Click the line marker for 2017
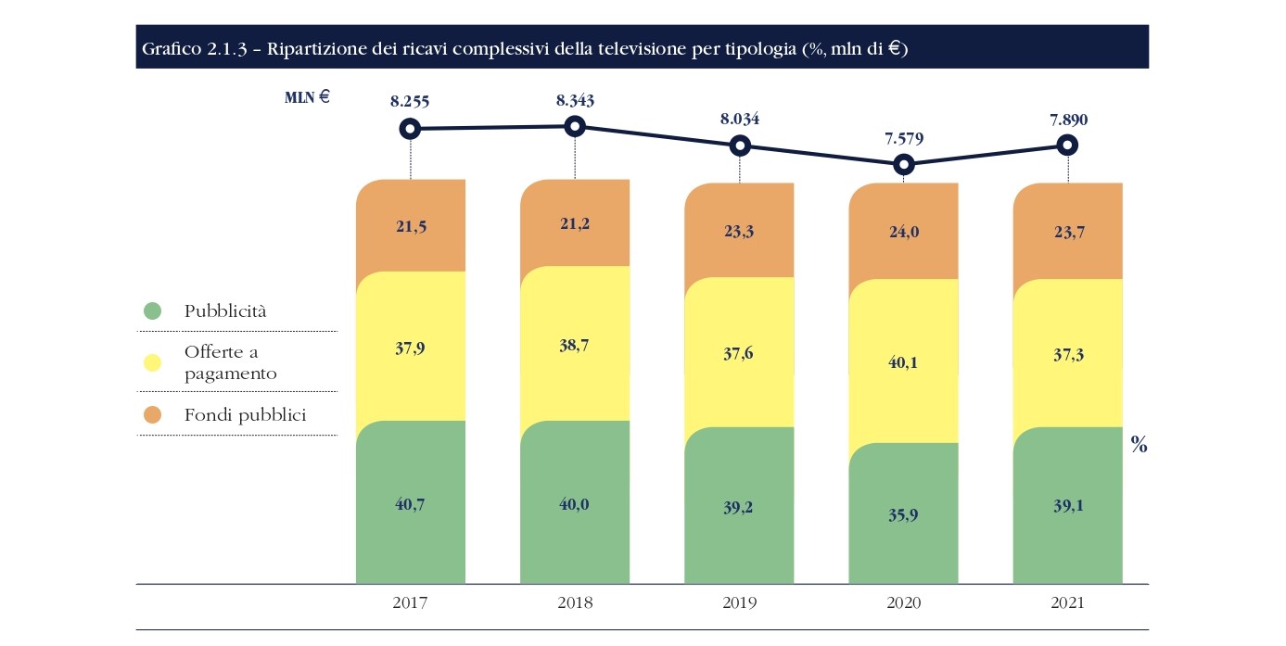coord(410,129)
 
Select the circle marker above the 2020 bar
coord(904,165)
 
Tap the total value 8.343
coord(575,100)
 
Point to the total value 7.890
coord(1068,120)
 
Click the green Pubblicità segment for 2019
coord(739,505)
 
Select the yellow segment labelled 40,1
coord(904,361)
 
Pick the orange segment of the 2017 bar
coord(410,225)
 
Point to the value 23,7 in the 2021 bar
coord(1068,232)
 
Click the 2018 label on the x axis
coord(575,602)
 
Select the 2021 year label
coord(1068,602)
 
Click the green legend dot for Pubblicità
coord(152,311)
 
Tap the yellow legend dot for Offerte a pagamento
coord(152,362)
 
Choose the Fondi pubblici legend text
coord(245,415)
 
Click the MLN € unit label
coord(307,95)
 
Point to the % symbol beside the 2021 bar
coord(1140,446)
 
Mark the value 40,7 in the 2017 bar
coord(410,505)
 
